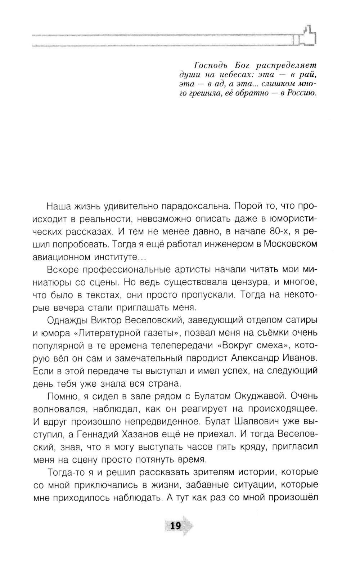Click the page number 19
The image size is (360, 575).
click(175, 526)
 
